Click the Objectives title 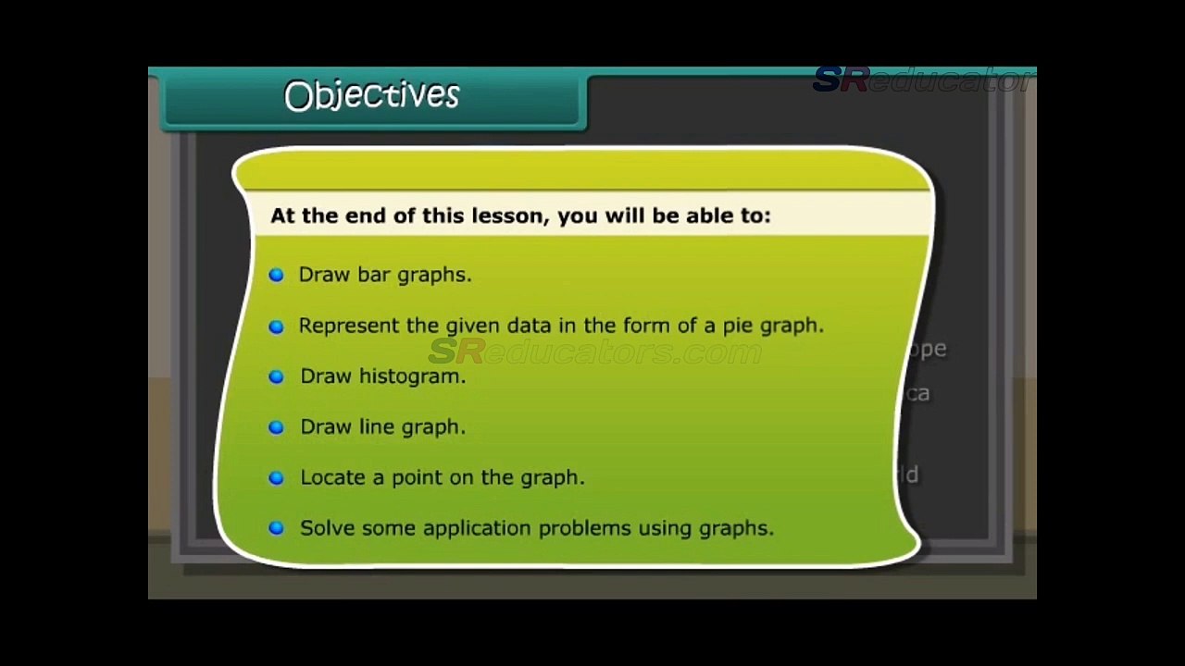coord(371,95)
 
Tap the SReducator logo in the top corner coord(922,80)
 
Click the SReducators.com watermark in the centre coord(594,352)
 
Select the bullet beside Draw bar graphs coord(276,275)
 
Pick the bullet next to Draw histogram coord(276,376)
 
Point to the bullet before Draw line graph coord(276,427)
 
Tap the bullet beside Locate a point coord(276,478)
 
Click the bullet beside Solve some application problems coord(276,528)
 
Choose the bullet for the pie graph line coord(276,327)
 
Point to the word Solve coord(327,528)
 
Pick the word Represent coord(350,326)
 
